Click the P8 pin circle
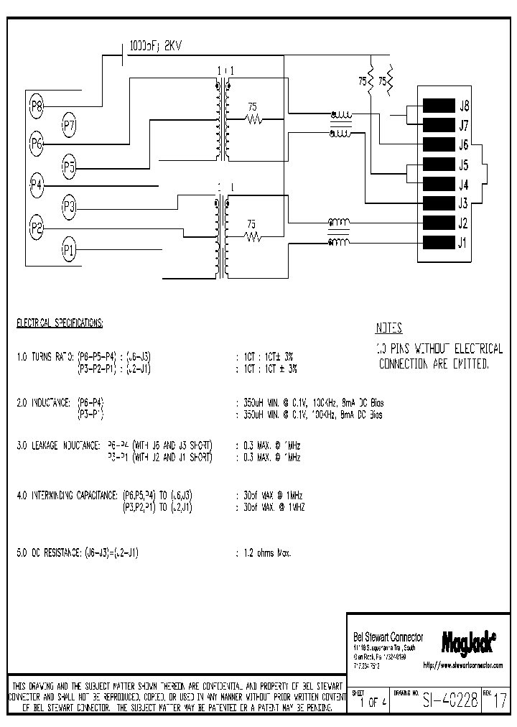[37, 107]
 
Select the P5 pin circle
[69, 168]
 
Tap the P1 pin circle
[69, 250]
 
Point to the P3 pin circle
[69, 208]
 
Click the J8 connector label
[464, 105]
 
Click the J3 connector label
[464, 203]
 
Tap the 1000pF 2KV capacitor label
[156, 45]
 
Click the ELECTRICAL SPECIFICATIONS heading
[60, 323]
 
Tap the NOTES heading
[388, 328]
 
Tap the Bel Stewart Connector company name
[388, 637]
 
